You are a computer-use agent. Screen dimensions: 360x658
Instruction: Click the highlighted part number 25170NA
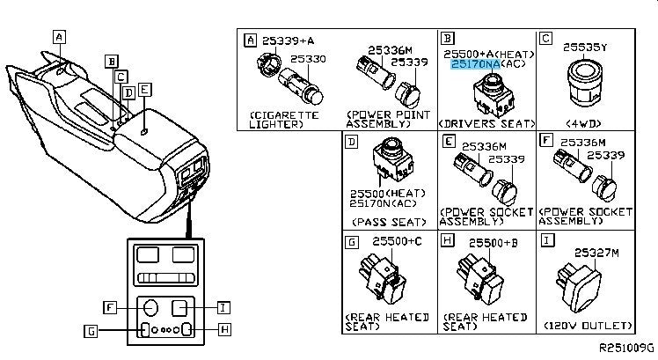pyautogui.click(x=476, y=65)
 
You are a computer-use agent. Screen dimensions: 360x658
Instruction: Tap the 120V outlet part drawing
pyautogui.click(x=580, y=283)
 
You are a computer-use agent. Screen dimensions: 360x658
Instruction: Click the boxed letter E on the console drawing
pyautogui.click(x=144, y=89)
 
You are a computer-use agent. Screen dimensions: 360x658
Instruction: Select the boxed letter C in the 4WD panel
pyautogui.click(x=545, y=38)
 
